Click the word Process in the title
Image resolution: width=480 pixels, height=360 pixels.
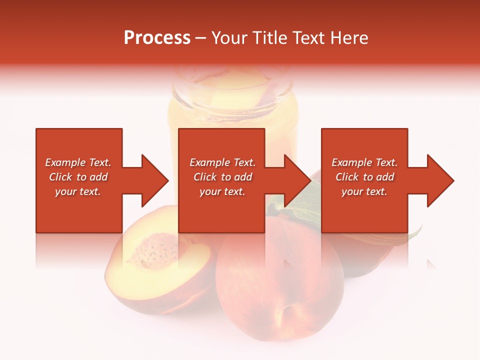157,38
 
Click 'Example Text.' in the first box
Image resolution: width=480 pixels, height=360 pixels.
78,162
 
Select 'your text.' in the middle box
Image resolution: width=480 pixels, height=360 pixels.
222,191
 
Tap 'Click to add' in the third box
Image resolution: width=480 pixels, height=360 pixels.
364,177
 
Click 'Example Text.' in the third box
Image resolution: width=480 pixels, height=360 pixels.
364,162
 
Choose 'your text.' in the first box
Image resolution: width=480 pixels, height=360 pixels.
78,191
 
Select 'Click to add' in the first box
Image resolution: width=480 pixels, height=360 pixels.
78,177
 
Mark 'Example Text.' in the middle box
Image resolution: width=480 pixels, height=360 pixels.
222,162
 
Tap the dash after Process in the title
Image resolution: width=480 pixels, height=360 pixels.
200,38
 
